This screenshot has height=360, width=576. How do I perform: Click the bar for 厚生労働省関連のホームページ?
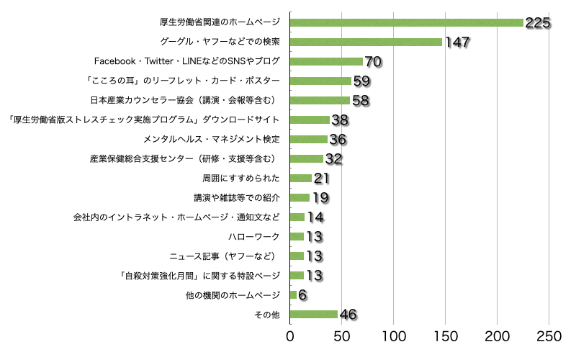pos(406,22)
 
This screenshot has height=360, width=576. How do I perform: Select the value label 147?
pos(457,42)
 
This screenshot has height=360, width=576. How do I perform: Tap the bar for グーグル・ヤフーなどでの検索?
pos(366,42)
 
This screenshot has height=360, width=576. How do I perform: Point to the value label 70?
pos(373,62)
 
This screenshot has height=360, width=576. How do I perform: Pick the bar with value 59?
pos(320,81)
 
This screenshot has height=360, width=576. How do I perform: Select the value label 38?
pos(340,120)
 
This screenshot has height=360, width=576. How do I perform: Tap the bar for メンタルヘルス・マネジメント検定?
pos(308,139)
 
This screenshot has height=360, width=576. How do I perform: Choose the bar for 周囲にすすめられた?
pos(300,178)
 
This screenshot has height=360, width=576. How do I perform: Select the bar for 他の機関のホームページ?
pos(292,294)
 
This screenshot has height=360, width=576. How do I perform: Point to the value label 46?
pos(348,315)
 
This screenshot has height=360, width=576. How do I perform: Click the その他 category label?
pos(266,315)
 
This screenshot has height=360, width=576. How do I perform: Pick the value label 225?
pos(538,23)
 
